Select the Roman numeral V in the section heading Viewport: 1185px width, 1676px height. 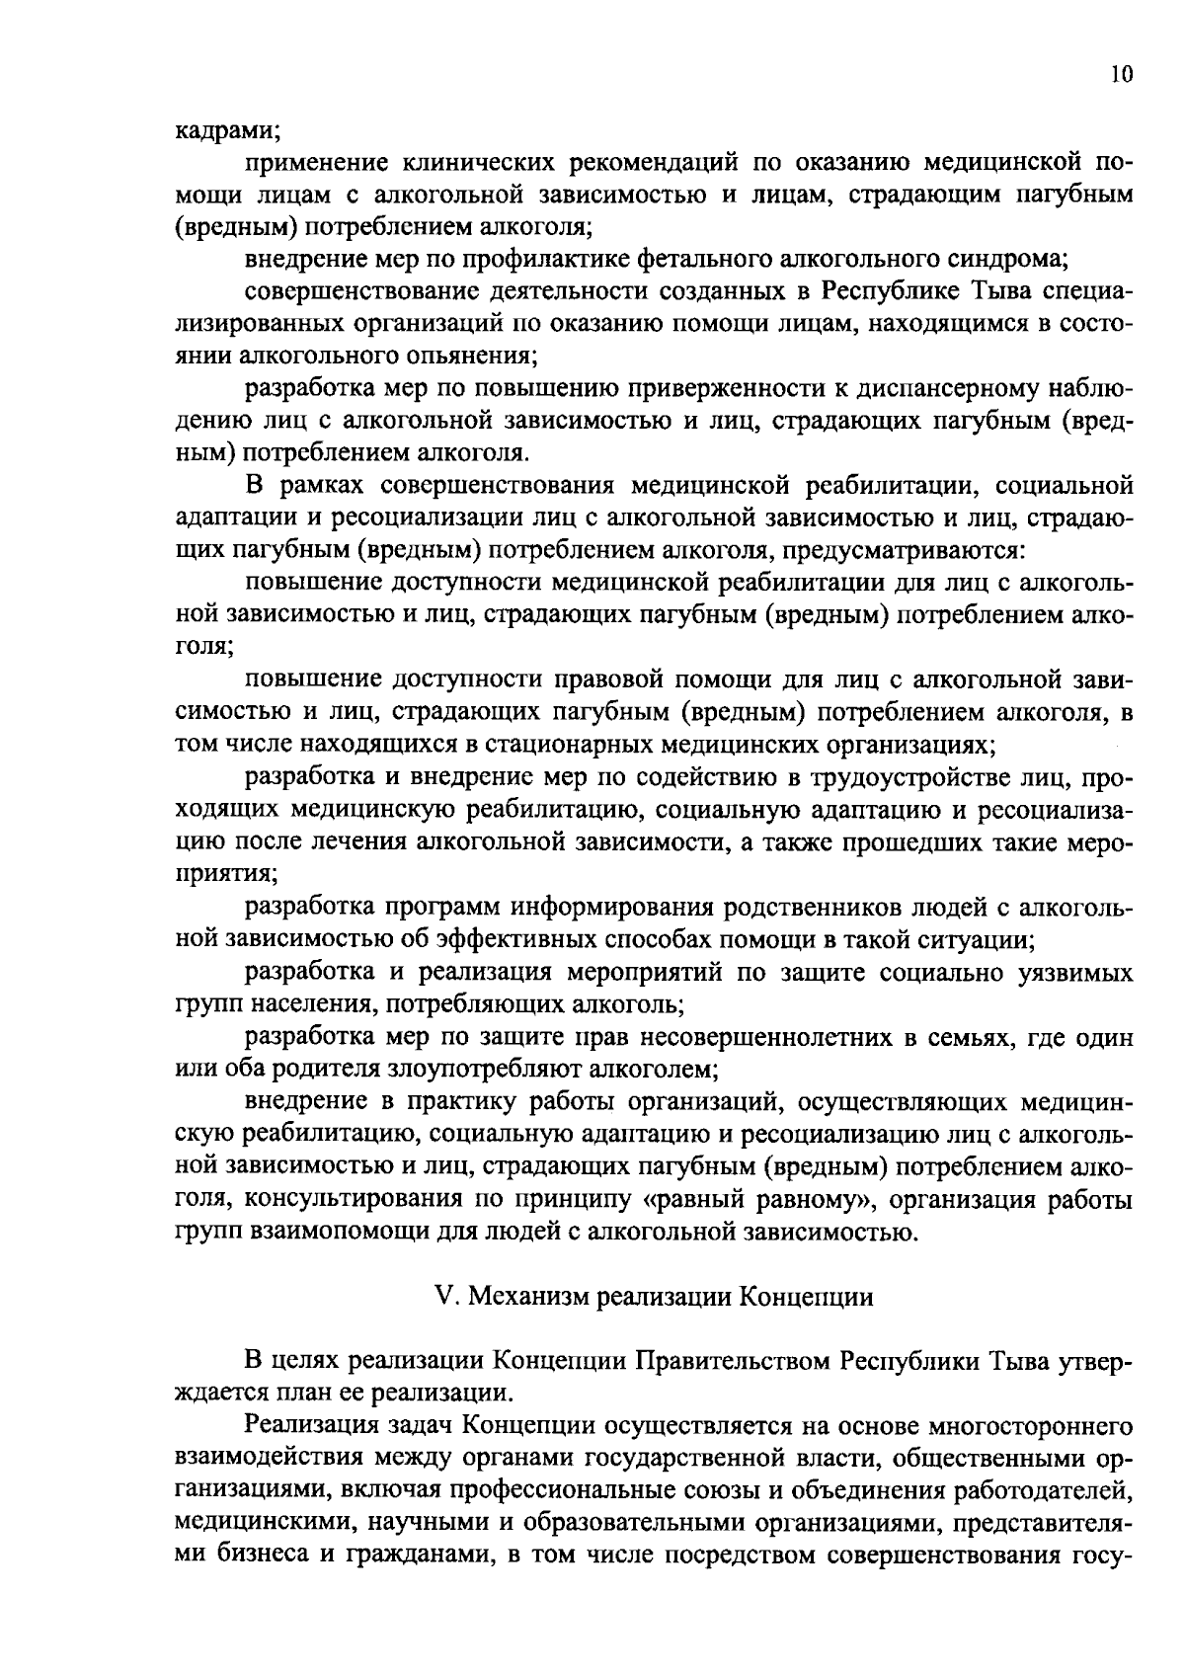click(x=443, y=1298)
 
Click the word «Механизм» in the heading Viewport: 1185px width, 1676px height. click(x=522, y=1298)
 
